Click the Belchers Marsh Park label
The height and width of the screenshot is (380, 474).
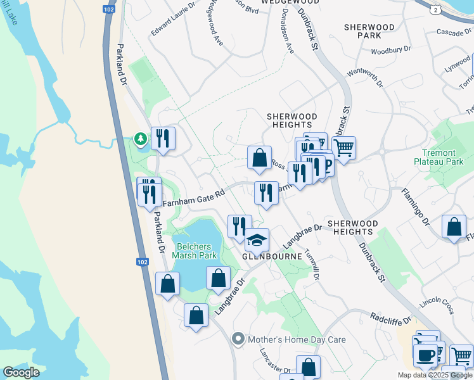(x=196, y=250)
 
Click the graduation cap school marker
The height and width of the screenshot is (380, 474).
(x=257, y=240)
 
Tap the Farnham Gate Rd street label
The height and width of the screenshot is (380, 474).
(x=194, y=199)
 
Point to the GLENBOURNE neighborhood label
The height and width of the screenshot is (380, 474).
(x=266, y=256)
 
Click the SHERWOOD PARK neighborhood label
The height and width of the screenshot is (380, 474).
(x=369, y=32)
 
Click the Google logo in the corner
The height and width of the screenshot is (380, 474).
(x=22, y=372)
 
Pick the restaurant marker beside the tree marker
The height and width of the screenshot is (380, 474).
(x=163, y=138)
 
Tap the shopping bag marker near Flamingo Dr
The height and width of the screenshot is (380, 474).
(x=454, y=227)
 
